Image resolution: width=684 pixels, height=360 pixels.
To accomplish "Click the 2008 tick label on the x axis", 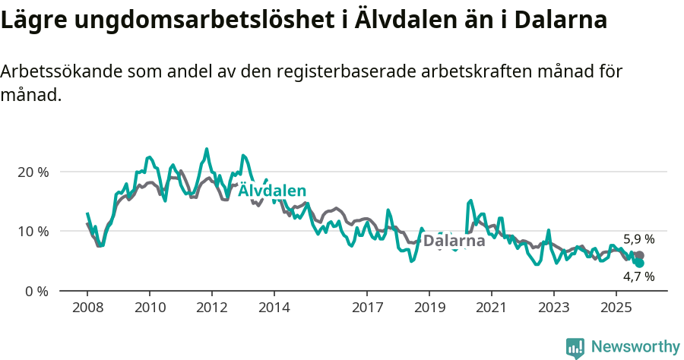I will point(87,308).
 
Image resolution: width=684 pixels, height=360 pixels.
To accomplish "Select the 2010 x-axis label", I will point(150,308).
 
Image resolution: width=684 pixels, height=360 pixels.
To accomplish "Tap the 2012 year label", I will point(211,308).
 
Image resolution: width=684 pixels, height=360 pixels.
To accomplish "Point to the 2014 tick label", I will point(274,308).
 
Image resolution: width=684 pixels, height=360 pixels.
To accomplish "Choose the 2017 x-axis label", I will point(367,308).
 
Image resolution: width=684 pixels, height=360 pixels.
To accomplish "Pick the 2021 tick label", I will point(491,308).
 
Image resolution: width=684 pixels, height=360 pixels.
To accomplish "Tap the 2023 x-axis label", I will point(553,308).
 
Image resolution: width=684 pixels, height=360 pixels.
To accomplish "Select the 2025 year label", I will point(616,308).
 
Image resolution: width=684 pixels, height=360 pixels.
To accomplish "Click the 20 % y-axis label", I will point(32,172).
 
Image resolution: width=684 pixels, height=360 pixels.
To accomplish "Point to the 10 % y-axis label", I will point(32,231).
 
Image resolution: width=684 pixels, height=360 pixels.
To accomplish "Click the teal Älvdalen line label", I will point(273,191).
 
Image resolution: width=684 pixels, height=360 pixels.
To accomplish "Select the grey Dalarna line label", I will point(454,242).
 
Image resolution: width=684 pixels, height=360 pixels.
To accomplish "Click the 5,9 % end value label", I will point(638,239).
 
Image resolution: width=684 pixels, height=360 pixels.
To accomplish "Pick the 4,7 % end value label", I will point(638,276).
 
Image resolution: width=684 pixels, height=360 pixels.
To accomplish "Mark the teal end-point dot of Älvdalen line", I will point(640,263).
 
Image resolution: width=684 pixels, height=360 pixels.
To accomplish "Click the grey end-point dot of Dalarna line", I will point(640,256).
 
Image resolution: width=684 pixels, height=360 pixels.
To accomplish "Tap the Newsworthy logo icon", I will point(575,348).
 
